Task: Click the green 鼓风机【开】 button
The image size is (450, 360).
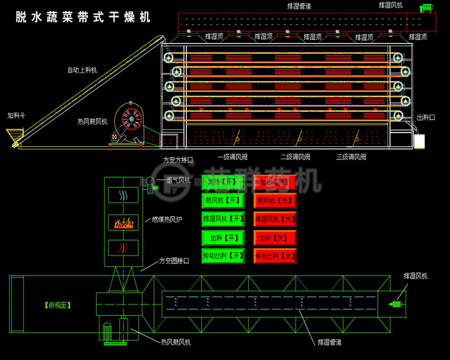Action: point(222,201)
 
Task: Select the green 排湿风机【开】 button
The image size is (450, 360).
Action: point(223,219)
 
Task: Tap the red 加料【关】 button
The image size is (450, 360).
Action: point(275,237)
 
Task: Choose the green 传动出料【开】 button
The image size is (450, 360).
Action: point(223,256)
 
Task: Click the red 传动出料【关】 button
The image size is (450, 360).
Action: point(275,256)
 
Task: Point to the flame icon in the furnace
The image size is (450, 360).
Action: point(123,222)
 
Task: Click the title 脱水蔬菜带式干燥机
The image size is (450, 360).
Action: point(83,17)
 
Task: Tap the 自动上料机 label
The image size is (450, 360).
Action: point(82,70)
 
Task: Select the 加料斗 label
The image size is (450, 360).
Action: point(16,116)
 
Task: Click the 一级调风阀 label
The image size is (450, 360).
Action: point(232,157)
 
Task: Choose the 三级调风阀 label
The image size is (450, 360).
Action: point(351,157)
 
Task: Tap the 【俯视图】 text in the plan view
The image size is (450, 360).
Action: point(57,306)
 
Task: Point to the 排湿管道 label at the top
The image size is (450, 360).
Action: point(299,6)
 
